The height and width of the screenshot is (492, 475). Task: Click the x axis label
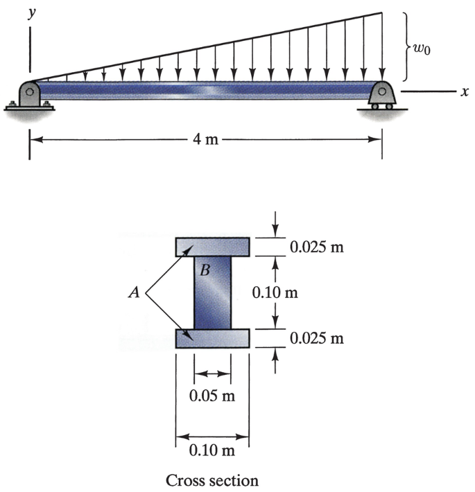463,91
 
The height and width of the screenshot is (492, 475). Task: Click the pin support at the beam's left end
29,95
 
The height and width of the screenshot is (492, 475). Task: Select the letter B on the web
205,270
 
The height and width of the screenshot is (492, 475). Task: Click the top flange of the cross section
212,247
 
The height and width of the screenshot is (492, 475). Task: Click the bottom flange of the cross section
212,337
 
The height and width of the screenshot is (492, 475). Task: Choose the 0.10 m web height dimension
275,292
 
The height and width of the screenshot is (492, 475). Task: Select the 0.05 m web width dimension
212,396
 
